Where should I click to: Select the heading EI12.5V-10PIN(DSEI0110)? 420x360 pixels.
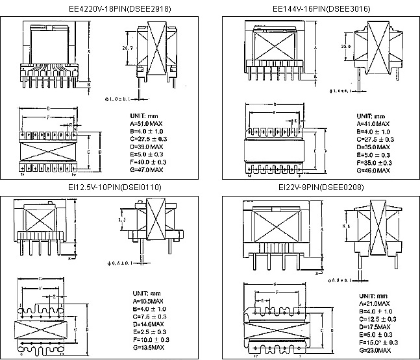tap(106, 187)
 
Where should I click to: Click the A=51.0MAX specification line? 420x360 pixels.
tap(147, 123)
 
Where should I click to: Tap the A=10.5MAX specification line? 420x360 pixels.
tap(147, 302)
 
